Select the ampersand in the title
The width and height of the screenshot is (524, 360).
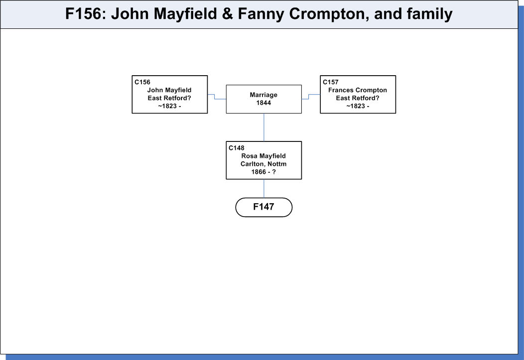pos(227,13)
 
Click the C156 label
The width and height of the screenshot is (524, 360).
pos(142,82)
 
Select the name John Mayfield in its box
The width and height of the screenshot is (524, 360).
pos(169,90)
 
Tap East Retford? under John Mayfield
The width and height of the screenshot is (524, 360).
pos(169,98)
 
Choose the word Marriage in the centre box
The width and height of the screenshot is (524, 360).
pos(263,95)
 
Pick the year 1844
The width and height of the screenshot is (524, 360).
pos(263,103)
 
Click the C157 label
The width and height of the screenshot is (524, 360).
pos(331,82)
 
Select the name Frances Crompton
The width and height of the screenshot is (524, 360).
pos(358,90)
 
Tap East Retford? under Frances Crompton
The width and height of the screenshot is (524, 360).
pos(358,98)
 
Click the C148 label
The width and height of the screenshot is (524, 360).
pos(237,148)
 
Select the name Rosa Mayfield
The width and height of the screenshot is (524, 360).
pos(263,156)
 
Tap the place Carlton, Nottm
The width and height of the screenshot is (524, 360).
pos(263,164)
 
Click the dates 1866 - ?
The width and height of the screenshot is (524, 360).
pos(263,172)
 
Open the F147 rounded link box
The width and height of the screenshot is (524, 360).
pos(263,207)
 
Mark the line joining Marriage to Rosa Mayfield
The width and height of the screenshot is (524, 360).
pos(263,127)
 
